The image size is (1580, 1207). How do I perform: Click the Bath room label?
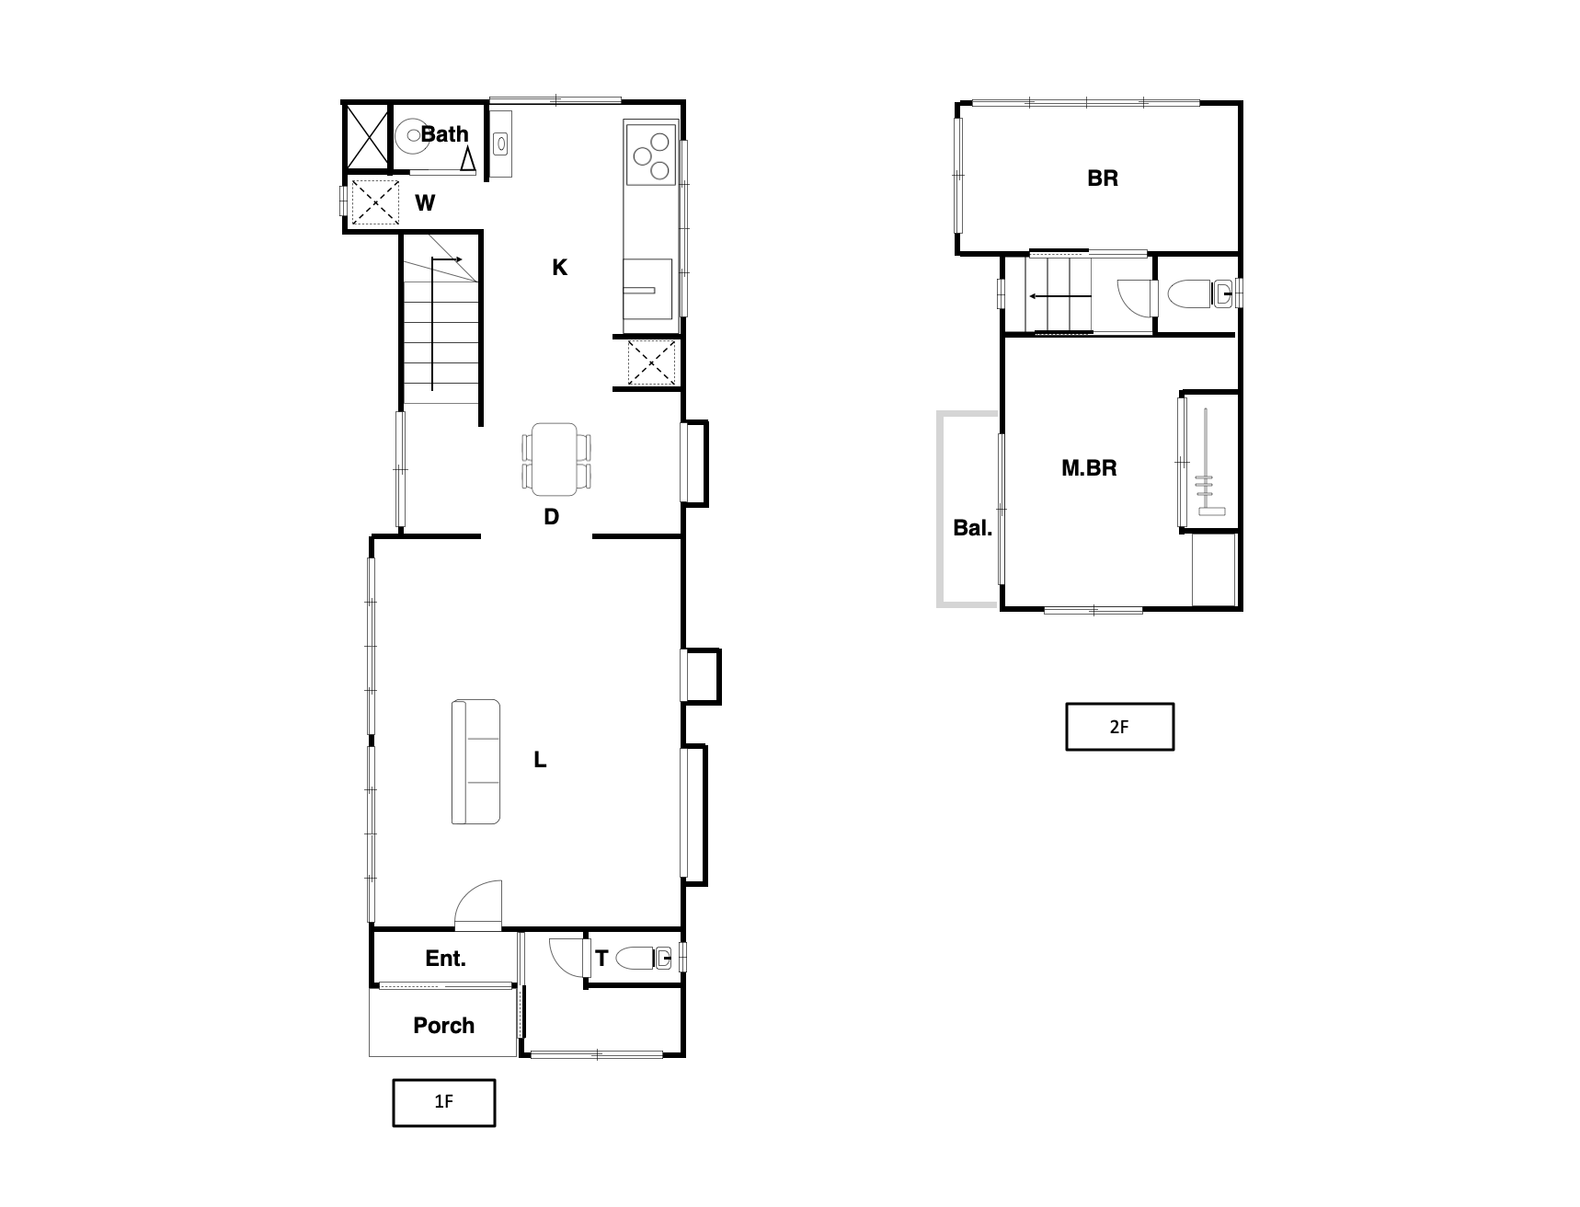point(445,134)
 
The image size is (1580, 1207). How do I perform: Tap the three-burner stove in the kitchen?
point(651,155)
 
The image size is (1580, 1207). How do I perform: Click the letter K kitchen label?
point(559,268)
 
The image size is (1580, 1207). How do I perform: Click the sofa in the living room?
point(476,762)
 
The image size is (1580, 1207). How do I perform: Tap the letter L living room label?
point(541,760)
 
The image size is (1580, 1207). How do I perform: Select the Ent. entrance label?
point(445,959)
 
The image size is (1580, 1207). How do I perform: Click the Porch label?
point(444,1026)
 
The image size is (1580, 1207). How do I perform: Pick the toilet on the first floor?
point(644,960)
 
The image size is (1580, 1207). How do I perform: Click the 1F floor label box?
point(444,1102)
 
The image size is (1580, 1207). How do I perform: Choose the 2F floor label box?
point(1119,727)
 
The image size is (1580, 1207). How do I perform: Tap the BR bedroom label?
point(1103,178)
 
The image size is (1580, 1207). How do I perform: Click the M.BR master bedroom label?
point(1089,468)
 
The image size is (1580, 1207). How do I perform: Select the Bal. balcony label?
point(972,529)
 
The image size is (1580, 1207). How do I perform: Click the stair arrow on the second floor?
point(1060,296)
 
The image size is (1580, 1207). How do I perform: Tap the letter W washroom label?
point(425,203)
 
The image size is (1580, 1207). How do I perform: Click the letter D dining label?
point(551,517)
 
